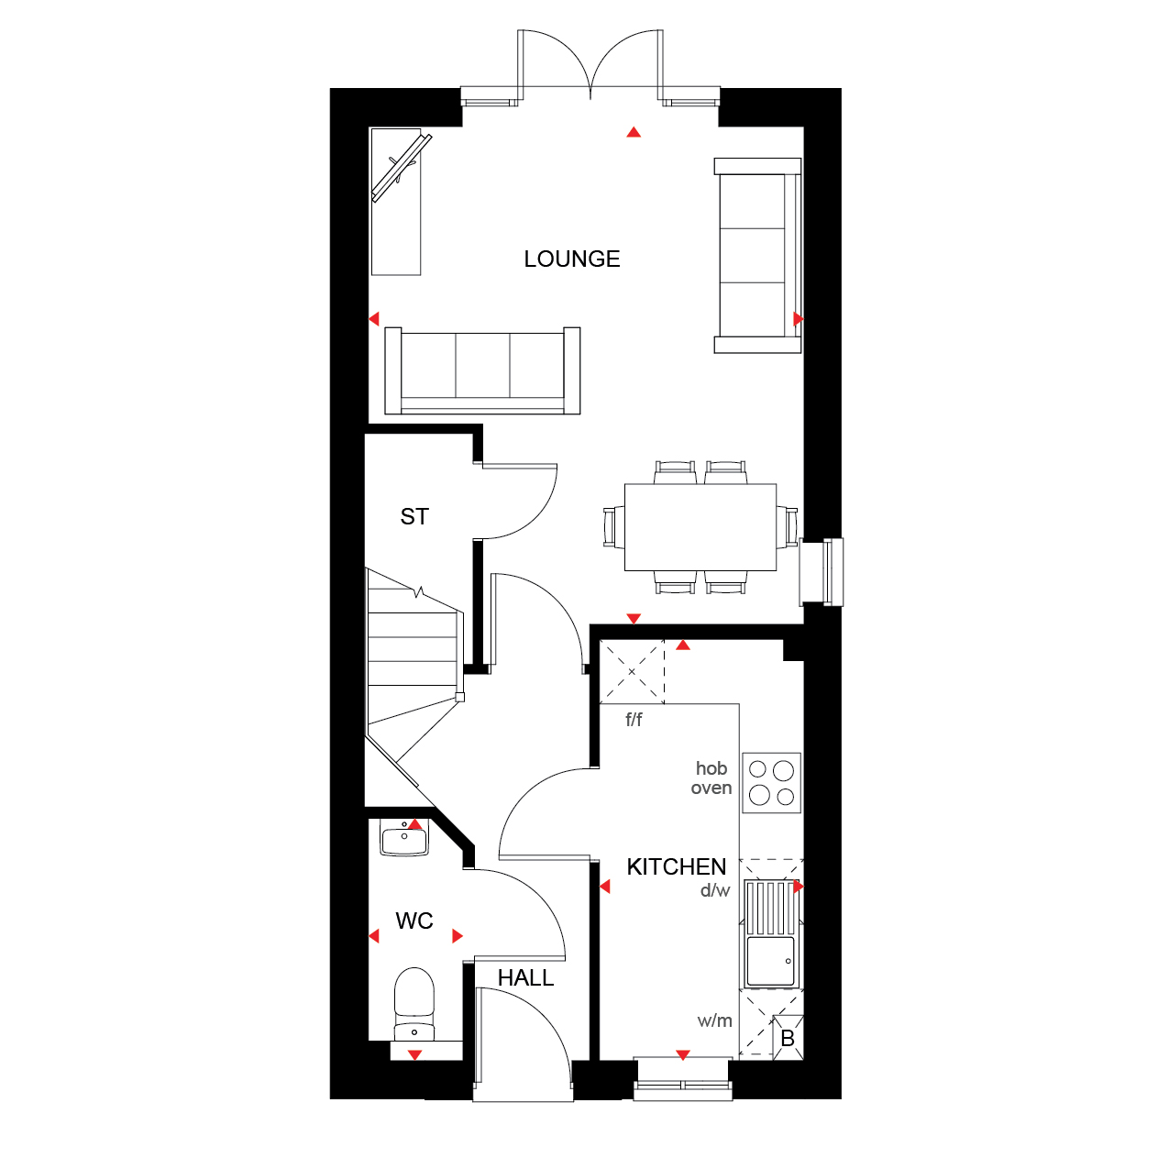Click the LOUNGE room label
[571, 259]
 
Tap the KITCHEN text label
[676, 866]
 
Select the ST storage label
[414, 517]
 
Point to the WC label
[414, 921]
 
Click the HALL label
[525, 978]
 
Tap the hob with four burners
[771, 783]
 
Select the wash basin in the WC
[404, 837]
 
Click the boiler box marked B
[788, 1038]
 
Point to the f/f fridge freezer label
[634, 720]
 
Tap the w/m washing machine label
[714, 1021]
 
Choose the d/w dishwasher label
[715, 890]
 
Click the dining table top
[700, 527]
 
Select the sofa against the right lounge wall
[757, 256]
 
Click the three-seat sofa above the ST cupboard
[482, 370]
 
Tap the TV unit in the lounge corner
[396, 202]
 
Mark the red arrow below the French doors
[634, 132]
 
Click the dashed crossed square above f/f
[632, 671]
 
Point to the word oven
[711, 788]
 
